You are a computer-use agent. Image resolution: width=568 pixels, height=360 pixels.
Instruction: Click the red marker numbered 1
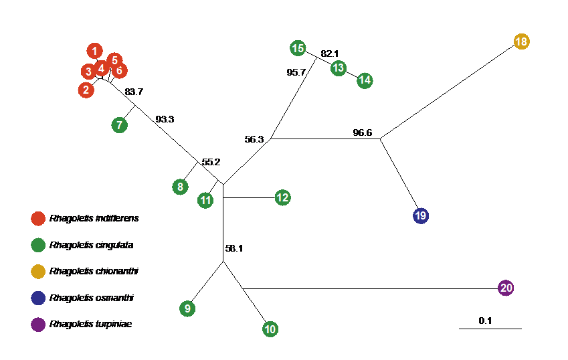(x=94, y=51)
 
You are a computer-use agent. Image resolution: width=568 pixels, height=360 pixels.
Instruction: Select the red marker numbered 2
(x=86, y=90)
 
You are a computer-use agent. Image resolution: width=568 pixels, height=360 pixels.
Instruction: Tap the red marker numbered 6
(x=120, y=70)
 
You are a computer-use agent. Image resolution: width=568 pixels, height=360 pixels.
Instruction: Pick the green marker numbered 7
(x=119, y=125)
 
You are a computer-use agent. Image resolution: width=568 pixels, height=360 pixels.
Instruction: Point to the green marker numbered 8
(x=180, y=187)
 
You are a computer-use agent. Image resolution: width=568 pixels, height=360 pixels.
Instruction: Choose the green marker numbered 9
(x=187, y=308)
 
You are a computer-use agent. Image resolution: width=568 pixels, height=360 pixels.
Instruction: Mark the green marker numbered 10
(x=270, y=329)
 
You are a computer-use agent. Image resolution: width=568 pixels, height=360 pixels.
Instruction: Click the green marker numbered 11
(x=205, y=200)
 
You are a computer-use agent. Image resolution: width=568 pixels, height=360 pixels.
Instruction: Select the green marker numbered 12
(x=282, y=197)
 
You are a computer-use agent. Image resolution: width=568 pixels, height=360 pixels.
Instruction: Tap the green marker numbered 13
(x=339, y=68)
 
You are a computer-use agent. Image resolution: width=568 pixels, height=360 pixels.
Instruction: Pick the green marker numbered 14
(x=365, y=81)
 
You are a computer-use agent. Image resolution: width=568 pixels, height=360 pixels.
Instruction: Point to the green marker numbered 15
(x=298, y=48)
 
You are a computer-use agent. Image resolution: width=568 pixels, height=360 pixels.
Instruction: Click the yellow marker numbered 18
(x=521, y=41)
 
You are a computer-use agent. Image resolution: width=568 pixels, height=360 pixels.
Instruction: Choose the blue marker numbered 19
(x=420, y=215)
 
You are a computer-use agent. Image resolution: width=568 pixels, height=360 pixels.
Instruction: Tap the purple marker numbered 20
(x=506, y=288)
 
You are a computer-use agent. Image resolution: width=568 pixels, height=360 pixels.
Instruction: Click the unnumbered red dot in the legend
(x=38, y=219)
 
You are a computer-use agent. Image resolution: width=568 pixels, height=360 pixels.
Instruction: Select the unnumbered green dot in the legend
(x=38, y=245)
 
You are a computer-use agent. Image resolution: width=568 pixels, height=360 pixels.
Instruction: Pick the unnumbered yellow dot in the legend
(x=38, y=272)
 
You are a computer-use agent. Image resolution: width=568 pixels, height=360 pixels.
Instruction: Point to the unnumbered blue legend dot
(x=38, y=298)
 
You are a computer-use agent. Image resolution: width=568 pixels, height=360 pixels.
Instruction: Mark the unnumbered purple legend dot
(x=38, y=325)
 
